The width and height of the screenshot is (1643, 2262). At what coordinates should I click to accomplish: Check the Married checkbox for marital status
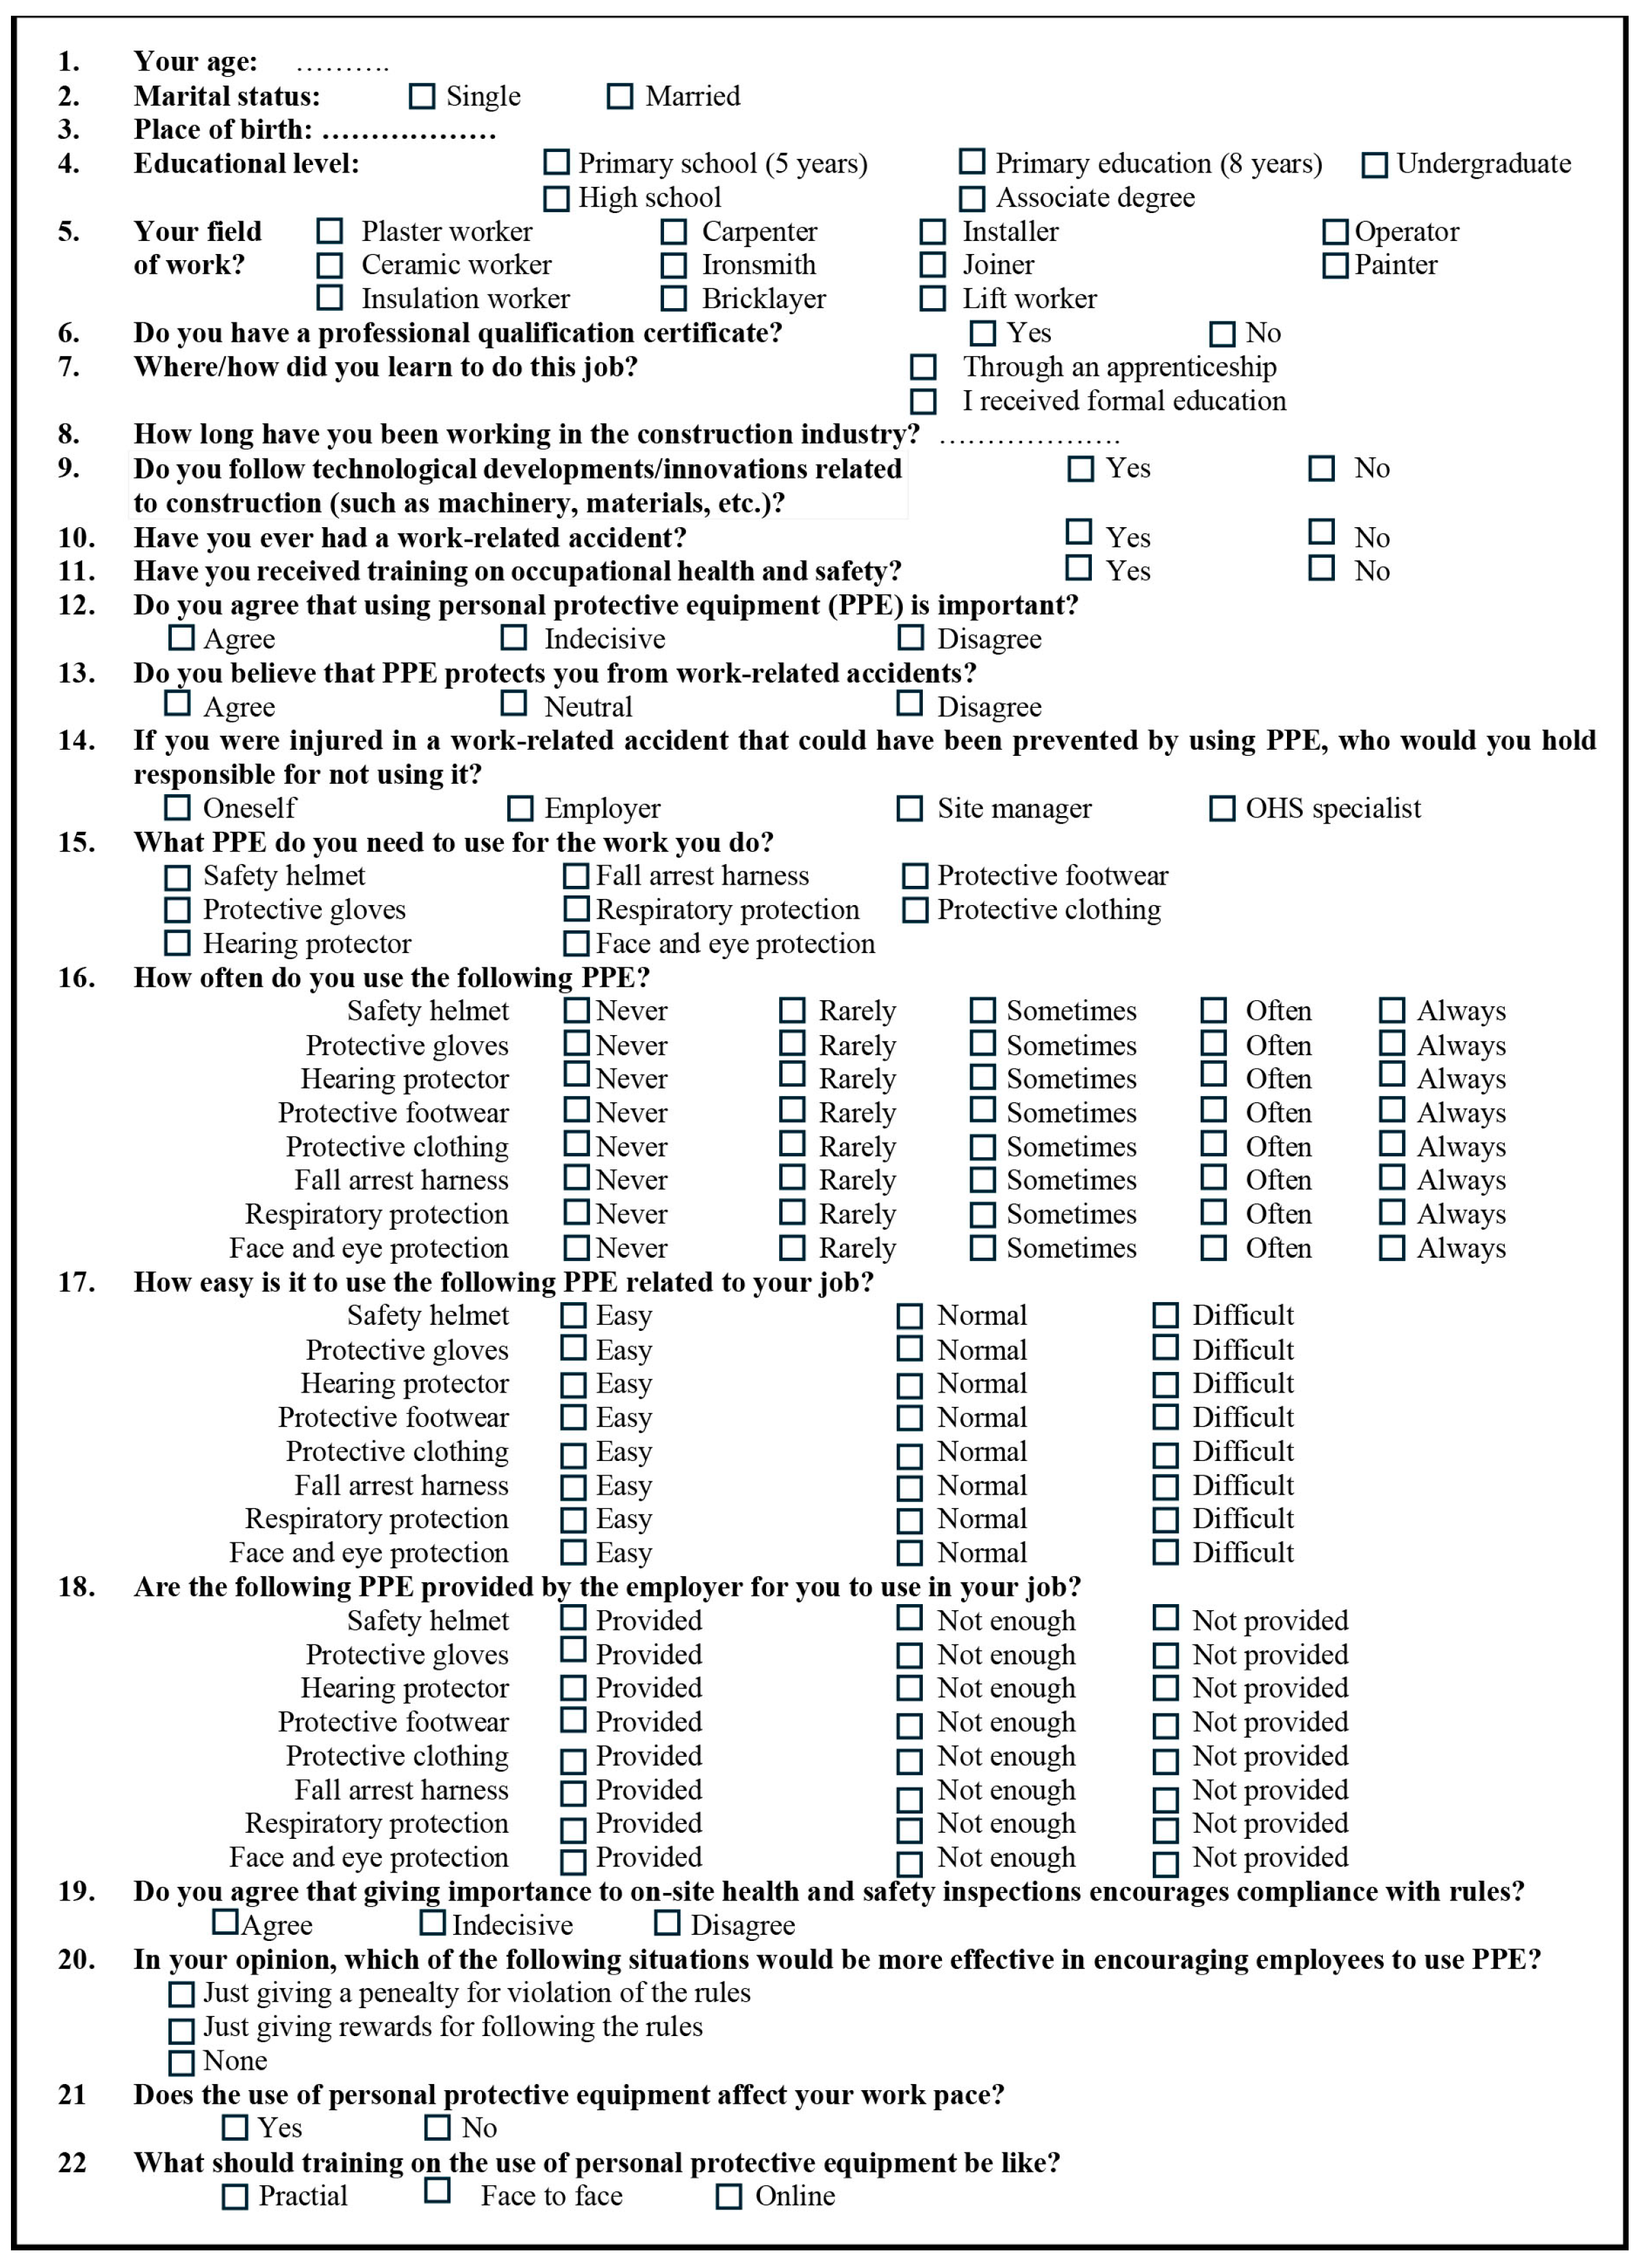(x=620, y=97)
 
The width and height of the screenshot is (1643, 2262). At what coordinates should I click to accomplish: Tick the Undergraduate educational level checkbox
(x=1374, y=164)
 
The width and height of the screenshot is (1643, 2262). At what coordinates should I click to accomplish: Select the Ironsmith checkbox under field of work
(x=674, y=266)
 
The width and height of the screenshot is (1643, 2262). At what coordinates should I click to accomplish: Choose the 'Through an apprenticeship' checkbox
(x=923, y=367)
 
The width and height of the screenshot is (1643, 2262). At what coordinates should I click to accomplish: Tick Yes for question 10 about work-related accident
(x=1078, y=531)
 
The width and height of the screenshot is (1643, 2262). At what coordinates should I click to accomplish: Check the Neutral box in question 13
(x=513, y=703)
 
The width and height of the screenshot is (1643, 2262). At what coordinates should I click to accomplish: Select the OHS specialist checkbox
(x=1221, y=808)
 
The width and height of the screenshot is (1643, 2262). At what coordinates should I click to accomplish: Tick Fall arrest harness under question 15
(x=576, y=876)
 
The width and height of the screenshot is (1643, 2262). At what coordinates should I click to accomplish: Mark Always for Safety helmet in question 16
(x=1392, y=1011)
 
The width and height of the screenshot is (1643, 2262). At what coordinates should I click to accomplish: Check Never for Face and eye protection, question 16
(x=576, y=1247)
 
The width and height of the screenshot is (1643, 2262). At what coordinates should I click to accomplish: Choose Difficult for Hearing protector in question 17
(x=1165, y=1384)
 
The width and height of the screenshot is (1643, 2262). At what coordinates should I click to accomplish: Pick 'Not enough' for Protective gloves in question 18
(x=909, y=1655)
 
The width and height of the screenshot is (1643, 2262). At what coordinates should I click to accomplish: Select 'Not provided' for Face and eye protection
(x=1165, y=1863)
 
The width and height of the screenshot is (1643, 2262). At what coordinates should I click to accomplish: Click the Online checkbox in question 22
(x=729, y=2196)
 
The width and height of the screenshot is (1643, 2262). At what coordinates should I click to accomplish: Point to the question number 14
(x=76, y=740)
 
